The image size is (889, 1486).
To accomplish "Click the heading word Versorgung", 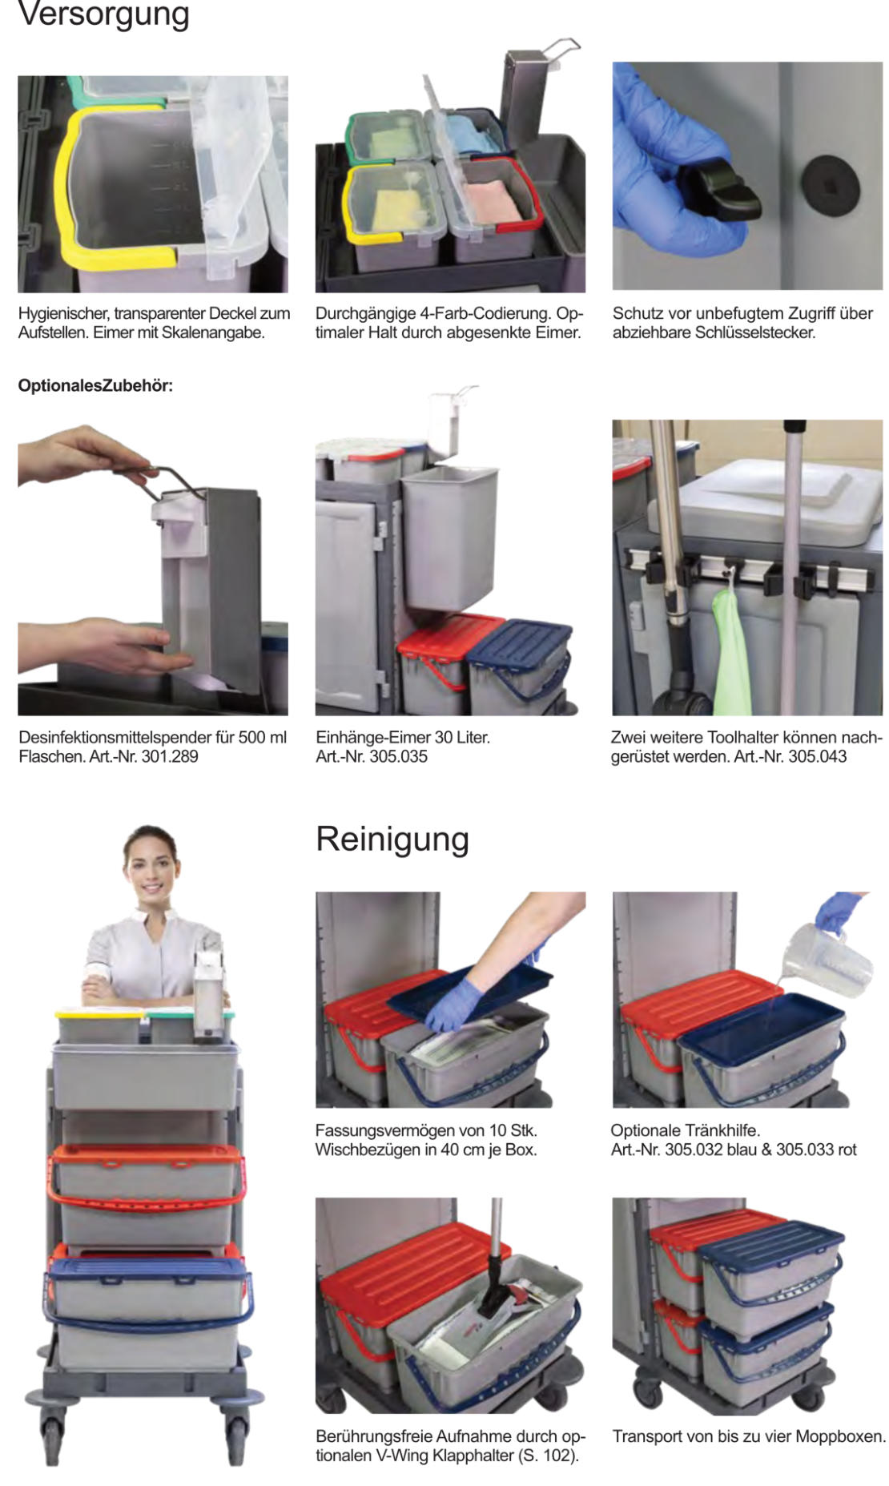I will coord(103,14).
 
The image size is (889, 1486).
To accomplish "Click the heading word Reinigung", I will coord(392,839).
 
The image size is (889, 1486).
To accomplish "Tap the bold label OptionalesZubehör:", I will coord(95,385).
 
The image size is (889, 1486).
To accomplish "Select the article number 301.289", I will coord(169,756).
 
